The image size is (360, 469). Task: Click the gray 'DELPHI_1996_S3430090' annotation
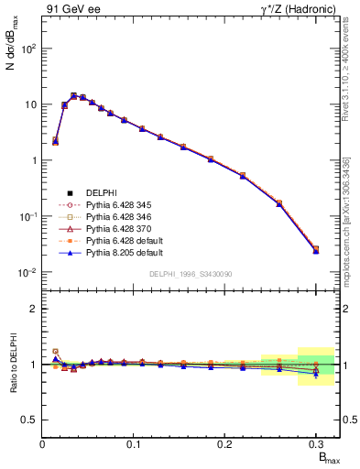pos(191,275)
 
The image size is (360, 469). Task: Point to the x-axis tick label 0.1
pos(135,443)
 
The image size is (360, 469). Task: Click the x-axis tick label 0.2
pos(225,443)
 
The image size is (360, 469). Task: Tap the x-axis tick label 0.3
pos(316,443)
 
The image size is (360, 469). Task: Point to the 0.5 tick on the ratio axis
pos(31,420)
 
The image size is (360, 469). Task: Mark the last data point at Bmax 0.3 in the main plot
pos(316,249)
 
